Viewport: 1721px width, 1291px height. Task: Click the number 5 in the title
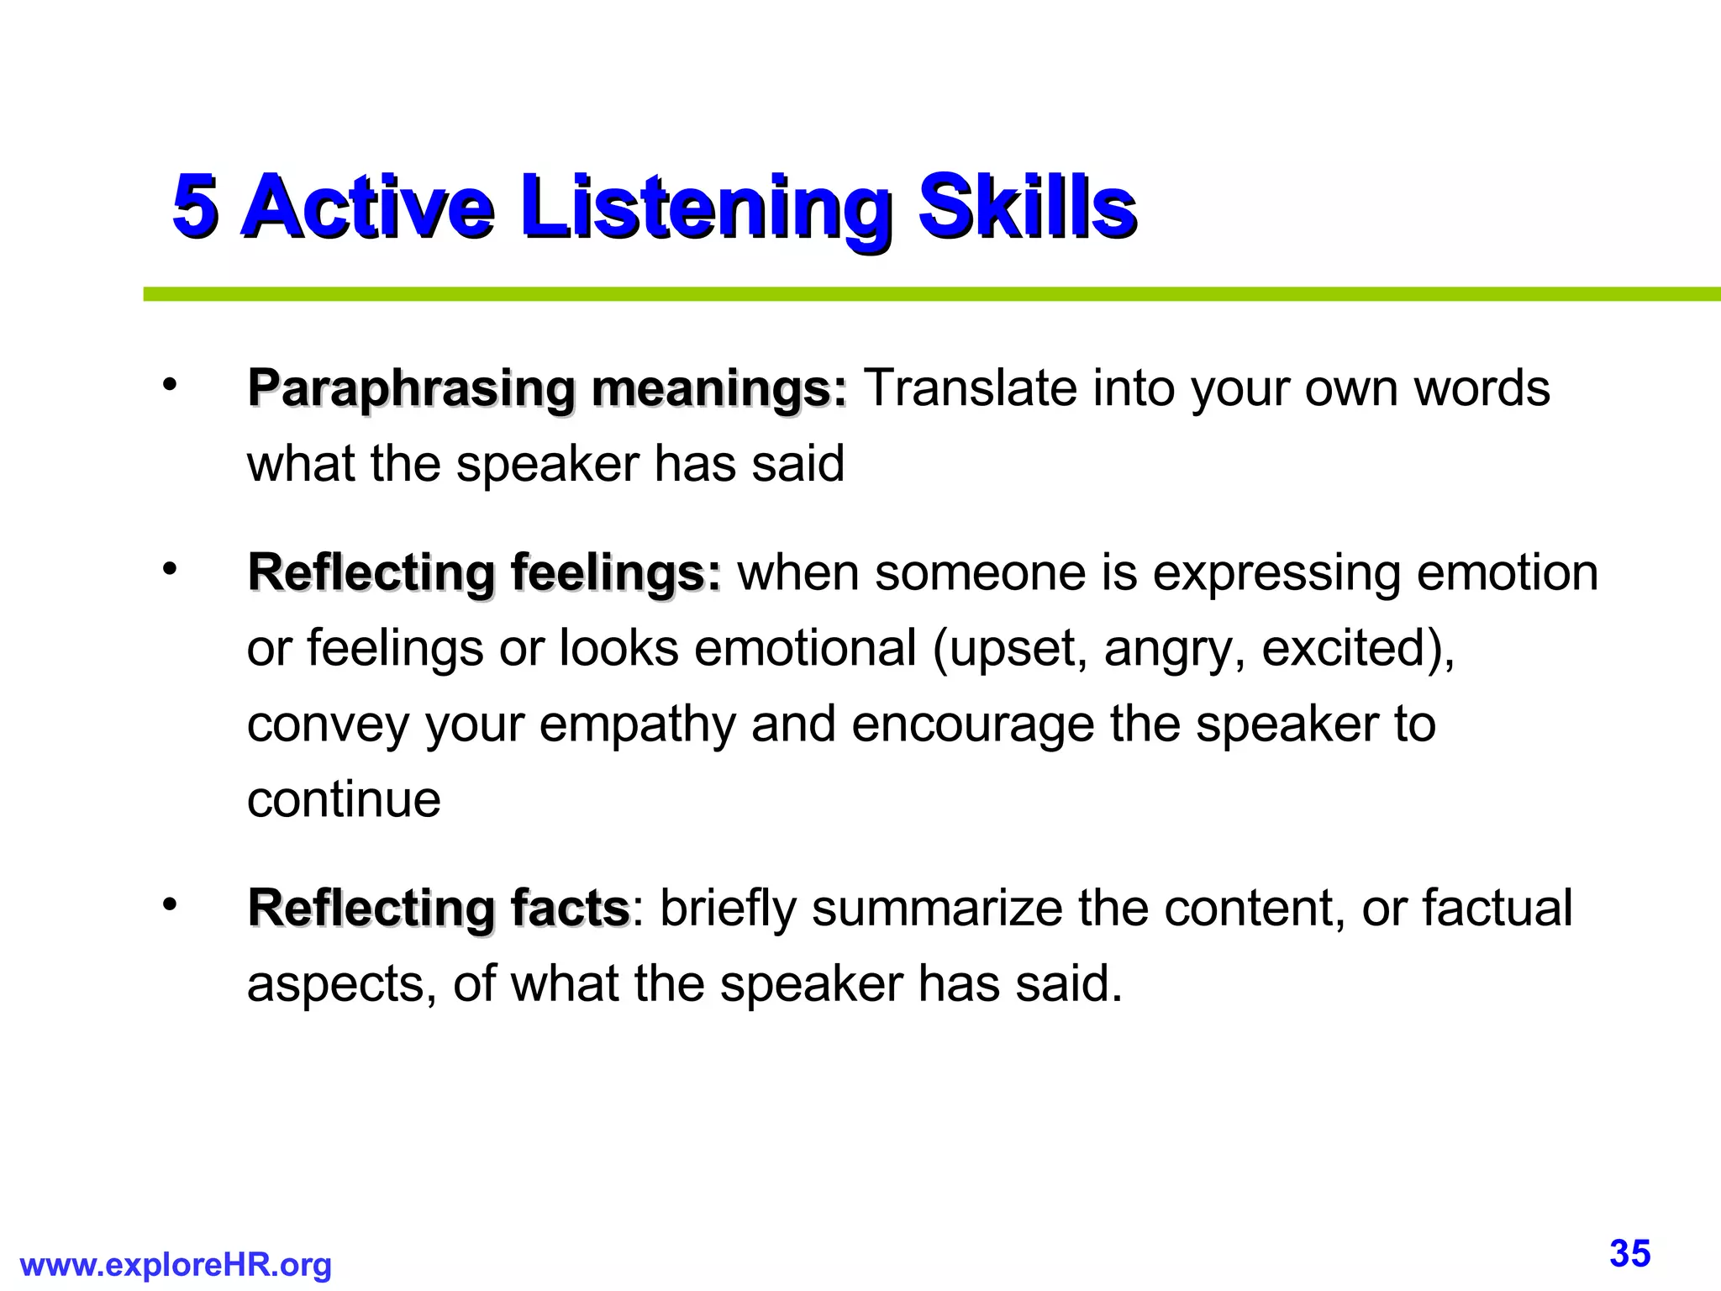(195, 206)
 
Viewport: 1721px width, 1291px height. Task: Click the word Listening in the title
(706, 208)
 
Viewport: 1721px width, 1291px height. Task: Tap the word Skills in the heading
(1027, 206)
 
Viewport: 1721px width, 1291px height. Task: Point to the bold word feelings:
(615, 573)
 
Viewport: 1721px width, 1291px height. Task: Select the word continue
(344, 799)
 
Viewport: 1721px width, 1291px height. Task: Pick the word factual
(1497, 909)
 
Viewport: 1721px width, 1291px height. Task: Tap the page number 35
(1629, 1253)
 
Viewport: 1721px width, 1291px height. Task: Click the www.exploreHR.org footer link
(176, 1265)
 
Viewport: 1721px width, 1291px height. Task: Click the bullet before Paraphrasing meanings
(171, 386)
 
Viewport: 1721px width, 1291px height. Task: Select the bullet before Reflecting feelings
(171, 570)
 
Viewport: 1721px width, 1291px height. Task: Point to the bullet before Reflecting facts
(171, 905)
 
